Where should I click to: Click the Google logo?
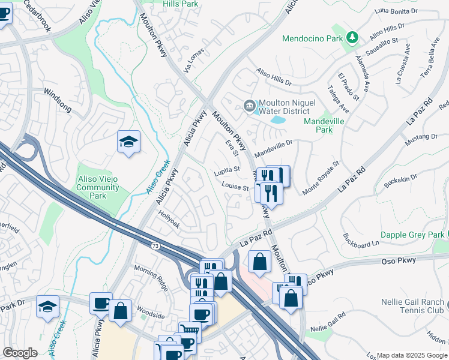[20, 353]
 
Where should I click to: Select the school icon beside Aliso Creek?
[128, 142]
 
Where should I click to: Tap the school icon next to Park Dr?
[47, 305]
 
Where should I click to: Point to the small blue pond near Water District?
[278, 119]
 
